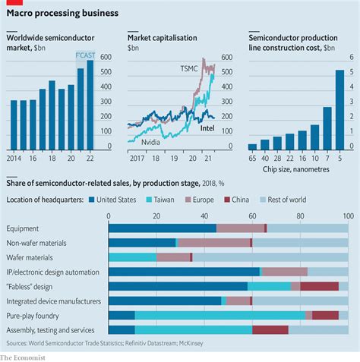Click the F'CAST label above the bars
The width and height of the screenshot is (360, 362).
click(85, 55)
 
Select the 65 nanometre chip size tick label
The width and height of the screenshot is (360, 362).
click(252, 161)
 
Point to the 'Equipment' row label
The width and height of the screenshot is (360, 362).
click(24, 228)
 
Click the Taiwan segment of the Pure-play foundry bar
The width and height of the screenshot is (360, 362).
click(220, 315)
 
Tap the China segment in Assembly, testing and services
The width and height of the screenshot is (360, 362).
click(270, 329)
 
